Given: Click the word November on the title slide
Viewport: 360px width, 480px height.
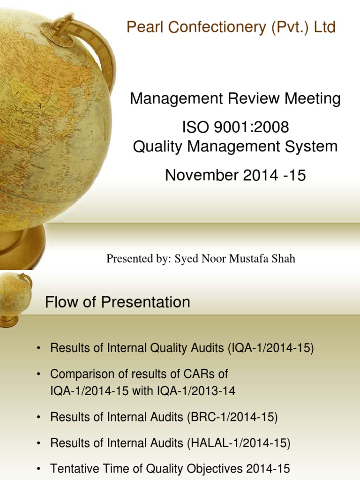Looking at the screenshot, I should click(202, 175).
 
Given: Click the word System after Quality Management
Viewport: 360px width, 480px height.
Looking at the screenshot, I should click(313, 147).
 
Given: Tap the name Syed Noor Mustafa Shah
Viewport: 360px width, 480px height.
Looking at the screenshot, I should click(235, 258).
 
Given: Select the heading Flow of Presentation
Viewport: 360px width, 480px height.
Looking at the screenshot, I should click(118, 302).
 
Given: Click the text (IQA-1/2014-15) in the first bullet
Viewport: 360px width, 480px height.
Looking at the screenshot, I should click(271, 348).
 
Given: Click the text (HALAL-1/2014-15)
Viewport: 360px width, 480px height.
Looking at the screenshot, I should click(239, 443).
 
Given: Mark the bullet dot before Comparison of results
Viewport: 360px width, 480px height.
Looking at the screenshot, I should click(39, 374).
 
